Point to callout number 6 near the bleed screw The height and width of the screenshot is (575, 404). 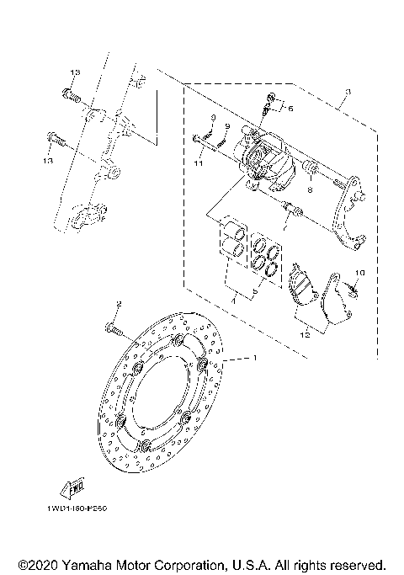coord(290,108)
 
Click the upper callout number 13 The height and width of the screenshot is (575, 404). coord(73,75)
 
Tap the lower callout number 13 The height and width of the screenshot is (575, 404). coord(48,160)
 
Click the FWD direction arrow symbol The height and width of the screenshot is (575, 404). coord(68,486)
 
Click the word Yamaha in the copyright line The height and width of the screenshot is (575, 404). coord(91,563)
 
